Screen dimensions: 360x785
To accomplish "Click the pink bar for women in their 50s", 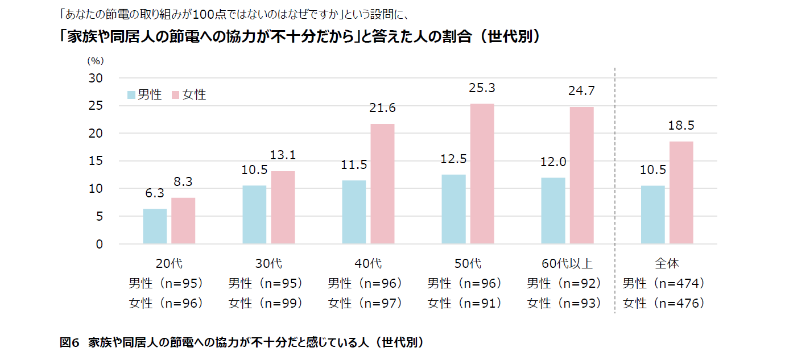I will (x=482, y=174).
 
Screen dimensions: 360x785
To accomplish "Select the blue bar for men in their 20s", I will (x=155, y=226).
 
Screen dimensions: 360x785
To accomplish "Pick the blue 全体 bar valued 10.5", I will (x=652, y=215).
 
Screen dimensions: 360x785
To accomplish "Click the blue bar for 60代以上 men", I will (x=553, y=211).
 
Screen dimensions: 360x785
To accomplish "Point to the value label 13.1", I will (x=283, y=155).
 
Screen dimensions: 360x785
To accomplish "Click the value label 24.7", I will (x=581, y=91).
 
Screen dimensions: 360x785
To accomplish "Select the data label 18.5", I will (x=681, y=125).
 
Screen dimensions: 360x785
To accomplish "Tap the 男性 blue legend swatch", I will (x=131, y=95).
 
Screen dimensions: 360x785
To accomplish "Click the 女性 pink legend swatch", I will (x=176, y=95).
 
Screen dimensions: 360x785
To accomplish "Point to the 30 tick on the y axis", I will (x=95, y=78).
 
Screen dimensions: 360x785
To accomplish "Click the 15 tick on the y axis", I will (x=95, y=161).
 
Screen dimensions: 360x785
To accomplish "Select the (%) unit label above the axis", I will (x=95, y=60).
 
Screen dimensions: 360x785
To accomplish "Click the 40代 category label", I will (x=368, y=263).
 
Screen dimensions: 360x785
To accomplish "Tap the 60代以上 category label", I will (x=567, y=263).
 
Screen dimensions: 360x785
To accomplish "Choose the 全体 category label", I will (x=667, y=263).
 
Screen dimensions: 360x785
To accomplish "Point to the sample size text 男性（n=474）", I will (x=664, y=283).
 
